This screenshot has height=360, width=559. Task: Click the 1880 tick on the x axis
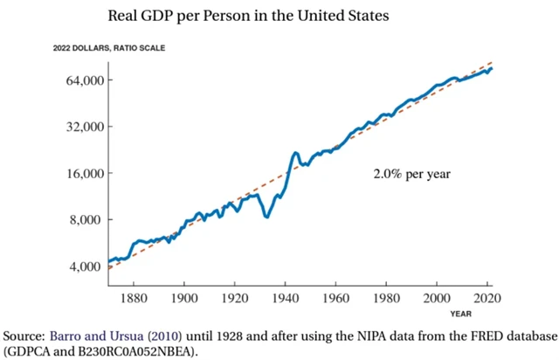(x=134, y=298)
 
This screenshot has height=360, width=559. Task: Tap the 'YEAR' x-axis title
(x=463, y=313)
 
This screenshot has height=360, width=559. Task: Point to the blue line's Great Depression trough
(x=266, y=216)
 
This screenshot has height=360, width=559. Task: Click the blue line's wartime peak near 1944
(x=296, y=153)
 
